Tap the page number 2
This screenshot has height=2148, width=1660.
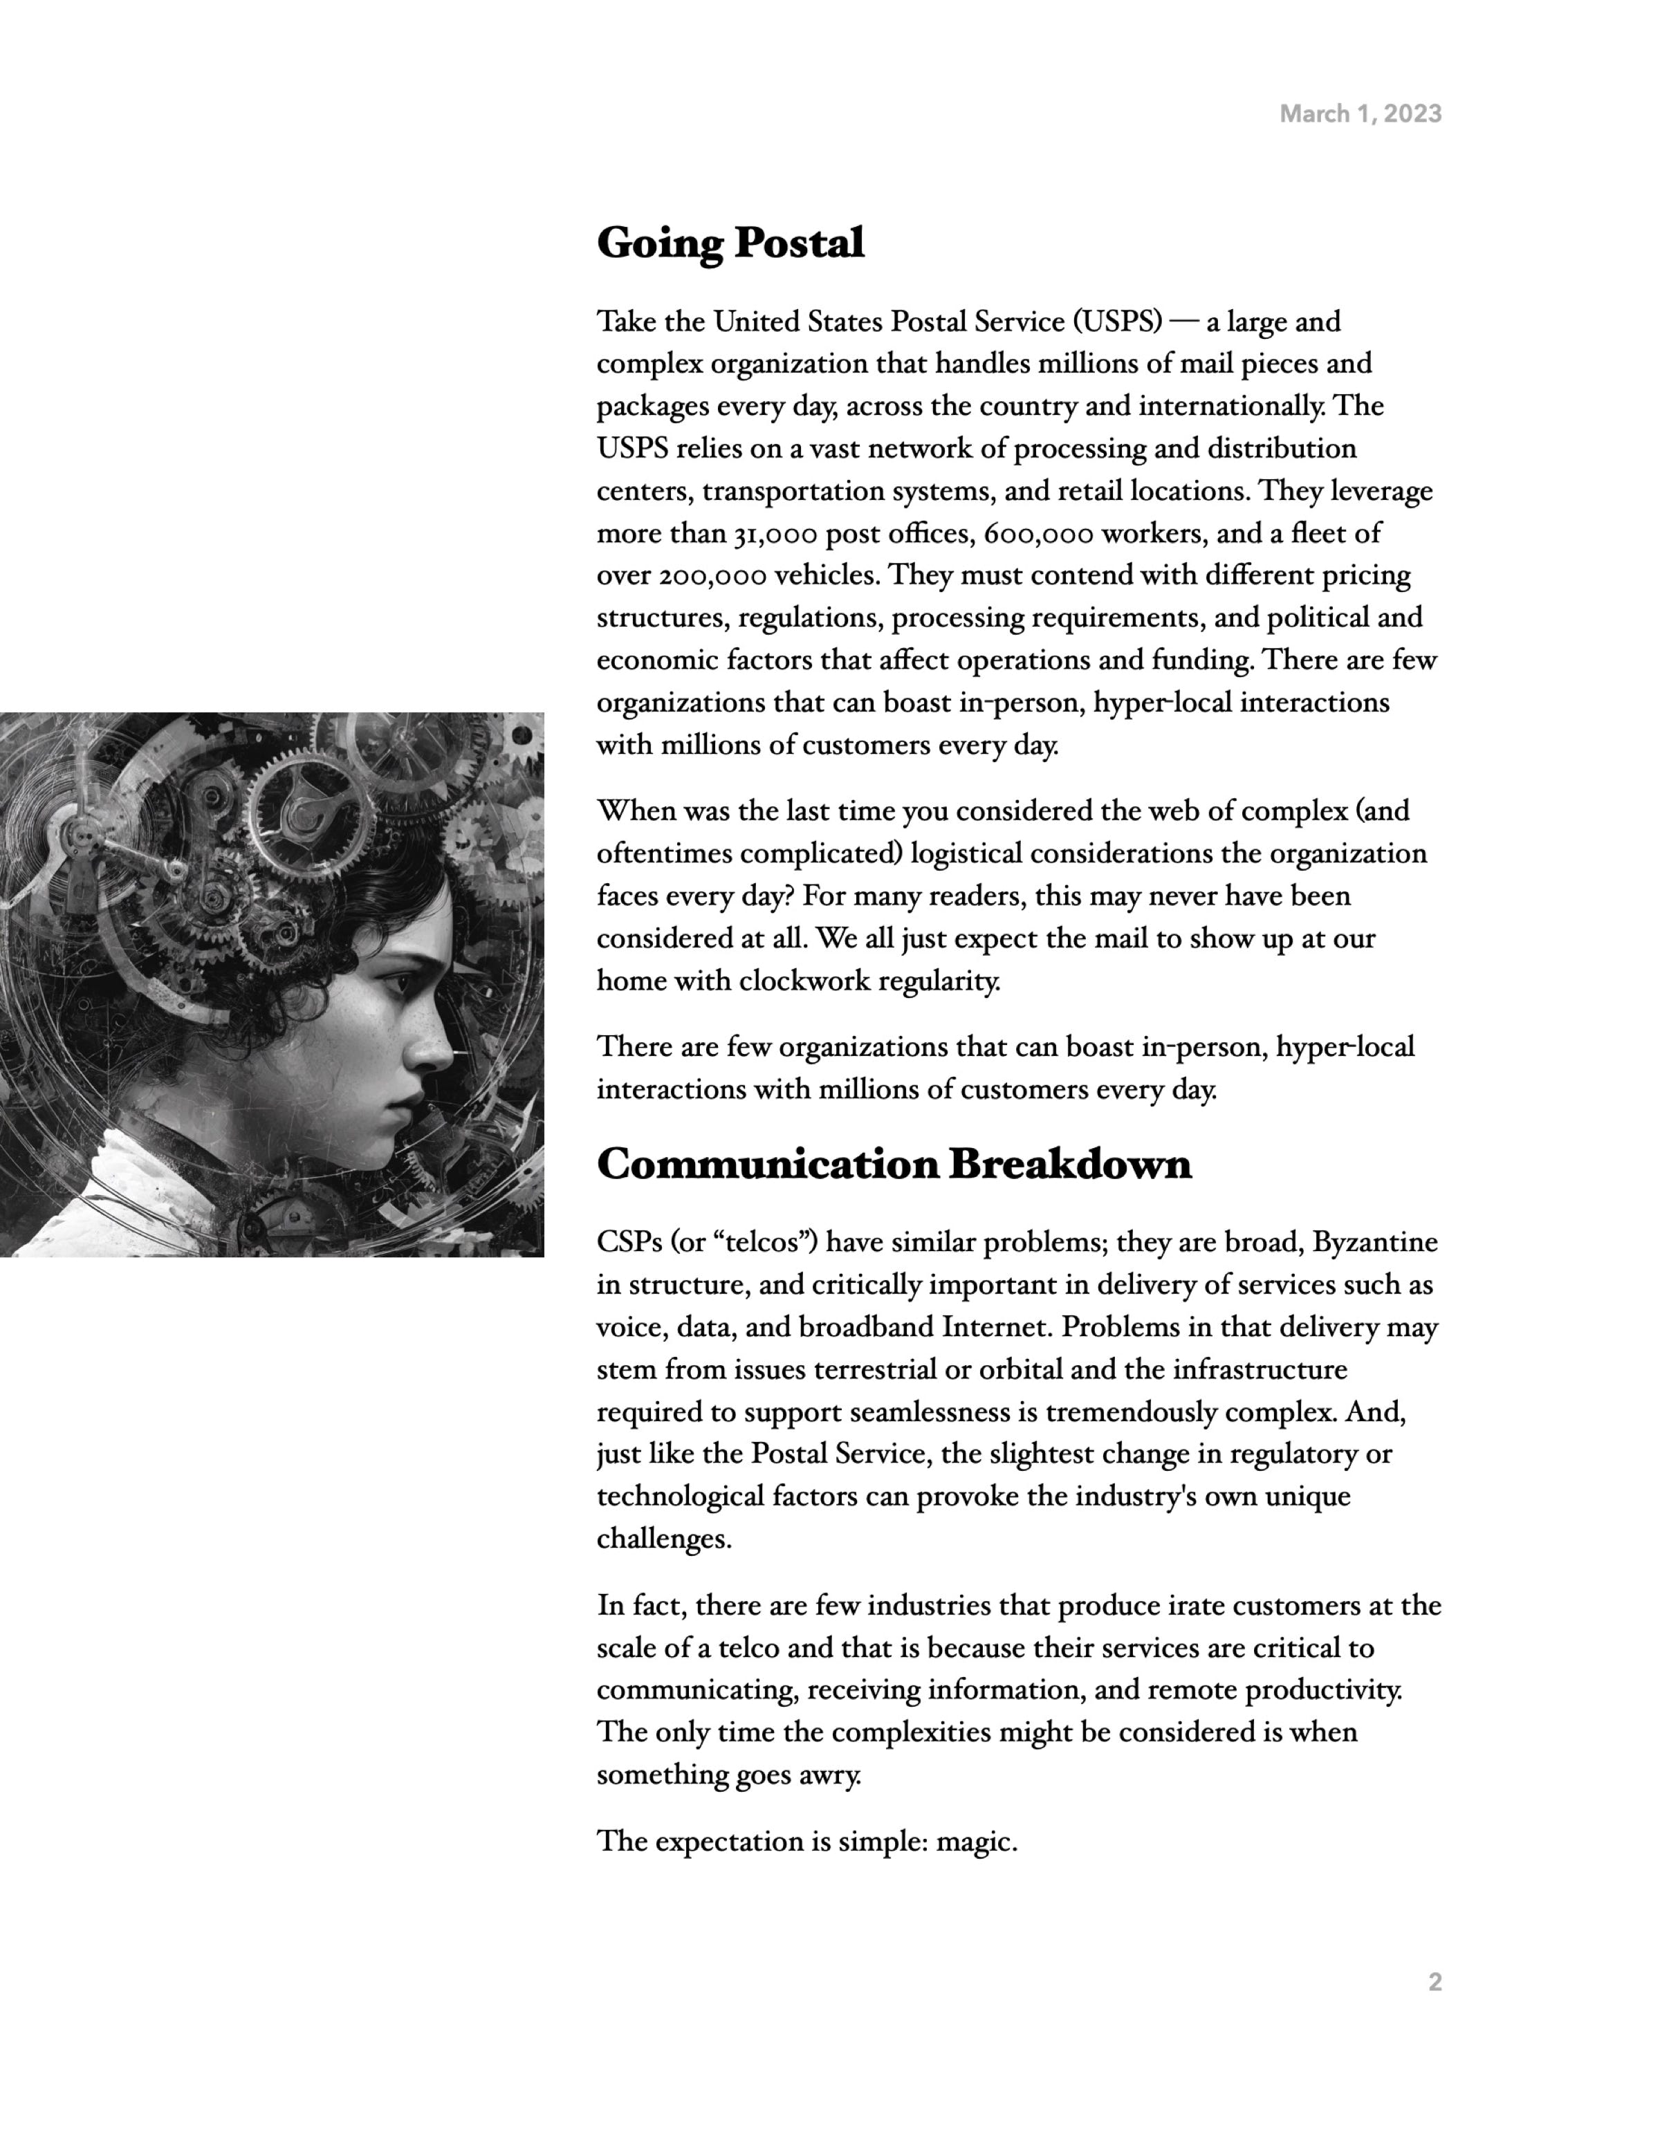click(x=1435, y=1982)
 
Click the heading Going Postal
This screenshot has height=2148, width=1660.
click(x=730, y=243)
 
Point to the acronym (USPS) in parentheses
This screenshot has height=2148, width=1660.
click(x=1117, y=322)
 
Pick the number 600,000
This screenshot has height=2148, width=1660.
click(x=1038, y=534)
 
